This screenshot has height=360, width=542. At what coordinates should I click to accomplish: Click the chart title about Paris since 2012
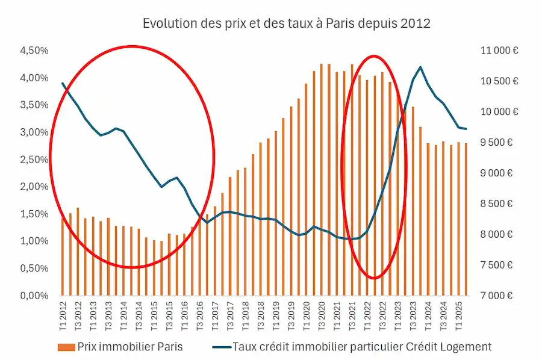(x=286, y=23)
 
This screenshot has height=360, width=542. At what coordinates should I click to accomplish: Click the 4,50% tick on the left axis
(x=34, y=51)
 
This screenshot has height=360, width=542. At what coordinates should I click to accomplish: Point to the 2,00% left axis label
(x=34, y=187)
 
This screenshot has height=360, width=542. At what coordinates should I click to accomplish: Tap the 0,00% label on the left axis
(x=34, y=296)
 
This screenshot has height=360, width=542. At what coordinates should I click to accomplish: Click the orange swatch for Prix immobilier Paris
(x=64, y=347)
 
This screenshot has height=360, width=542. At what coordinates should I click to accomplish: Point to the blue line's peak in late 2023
(x=420, y=67)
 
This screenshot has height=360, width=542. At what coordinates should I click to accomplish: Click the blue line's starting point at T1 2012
(x=63, y=83)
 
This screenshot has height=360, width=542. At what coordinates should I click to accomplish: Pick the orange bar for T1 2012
(x=63, y=256)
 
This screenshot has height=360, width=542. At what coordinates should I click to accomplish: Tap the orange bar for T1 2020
(x=306, y=190)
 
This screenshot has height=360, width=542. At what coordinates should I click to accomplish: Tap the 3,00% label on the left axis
(x=34, y=132)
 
